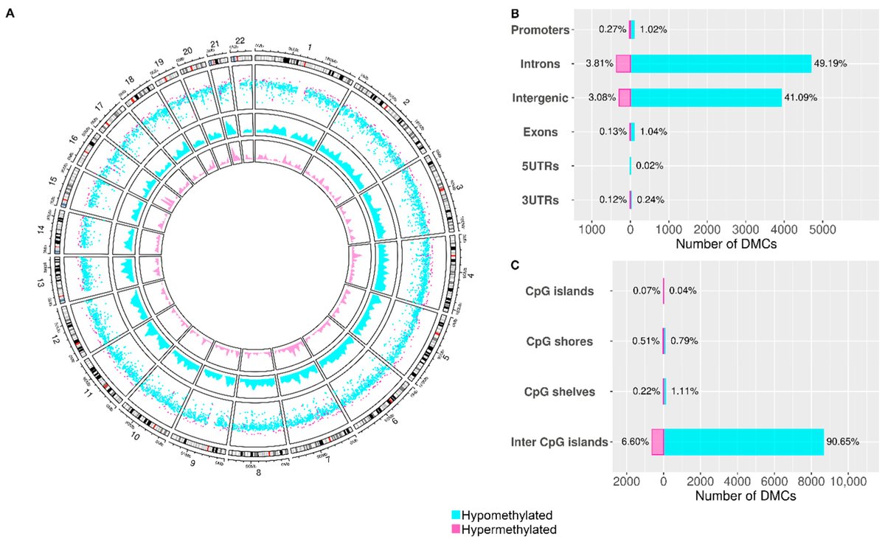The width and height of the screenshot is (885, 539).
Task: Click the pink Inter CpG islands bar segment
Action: tap(657, 442)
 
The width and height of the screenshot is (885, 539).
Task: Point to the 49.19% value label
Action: tap(830, 64)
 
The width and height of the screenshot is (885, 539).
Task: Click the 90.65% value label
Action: tap(843, 442)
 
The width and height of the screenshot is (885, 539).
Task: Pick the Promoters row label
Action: tap(541, 30)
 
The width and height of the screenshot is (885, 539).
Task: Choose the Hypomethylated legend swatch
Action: tap(456, 514)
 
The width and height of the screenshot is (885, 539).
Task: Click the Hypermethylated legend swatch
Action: tap(456, 529)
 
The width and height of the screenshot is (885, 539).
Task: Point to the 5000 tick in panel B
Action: tap(822, 229)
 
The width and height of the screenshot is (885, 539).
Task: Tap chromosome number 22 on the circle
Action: tap(240, 41)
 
